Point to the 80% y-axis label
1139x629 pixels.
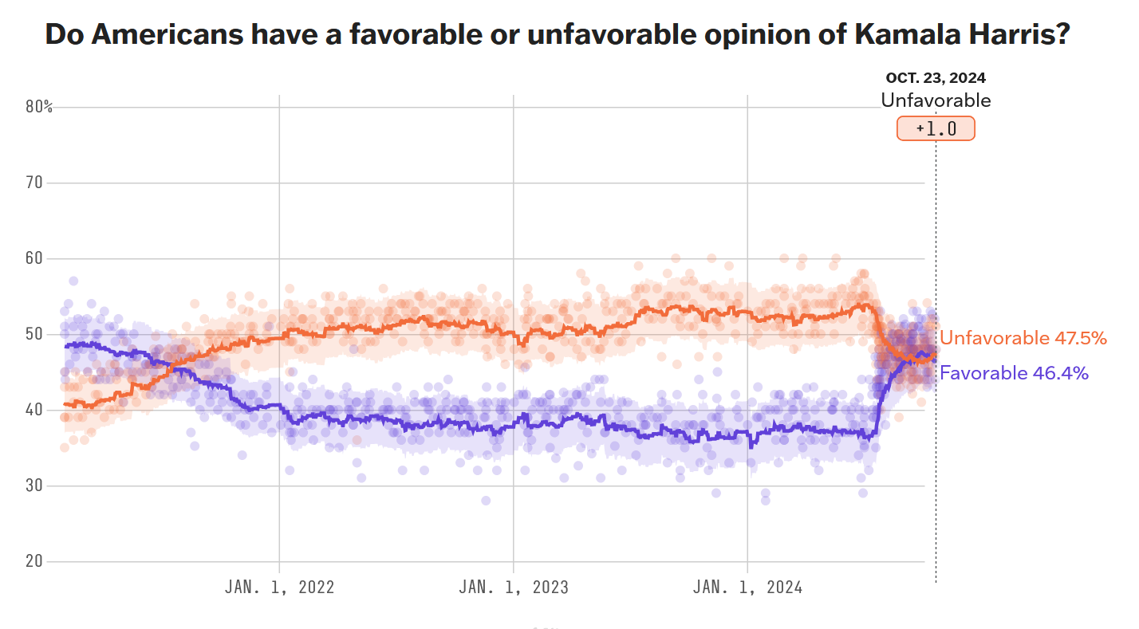(38, 107)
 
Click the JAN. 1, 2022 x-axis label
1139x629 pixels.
(279, 588)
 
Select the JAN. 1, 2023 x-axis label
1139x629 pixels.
(513, 588)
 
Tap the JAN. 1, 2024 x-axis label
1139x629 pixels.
(747, 588)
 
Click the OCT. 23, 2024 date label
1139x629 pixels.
(936, 78)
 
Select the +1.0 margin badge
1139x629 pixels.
(936, 128)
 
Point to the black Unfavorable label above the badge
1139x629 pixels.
(936, 100)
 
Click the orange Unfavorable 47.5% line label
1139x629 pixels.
(1023, 338)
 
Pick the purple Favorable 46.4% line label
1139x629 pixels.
(1014, 372)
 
